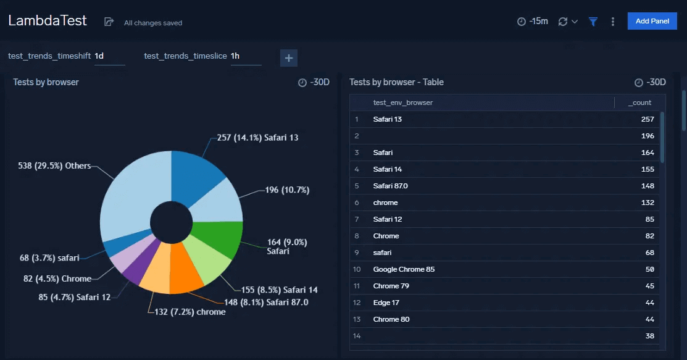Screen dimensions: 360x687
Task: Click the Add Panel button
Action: (x=652, y=21)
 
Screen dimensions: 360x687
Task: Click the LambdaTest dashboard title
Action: (x=48, y=20)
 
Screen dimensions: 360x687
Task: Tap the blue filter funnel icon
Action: (x=593, y=22)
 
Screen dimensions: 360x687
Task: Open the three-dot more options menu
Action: (x=612, y=22)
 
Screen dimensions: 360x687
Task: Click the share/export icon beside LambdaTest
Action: (x=109, y=22)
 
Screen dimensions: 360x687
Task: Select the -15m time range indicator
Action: (x=532, y=22)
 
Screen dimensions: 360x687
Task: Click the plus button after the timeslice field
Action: (x=288, y=58)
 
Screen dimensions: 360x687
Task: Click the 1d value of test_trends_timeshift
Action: (x=100, y=56)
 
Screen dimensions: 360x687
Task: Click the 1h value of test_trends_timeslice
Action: (x=236, y=56)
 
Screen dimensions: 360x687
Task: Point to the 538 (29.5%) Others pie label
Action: (x=55, y=166)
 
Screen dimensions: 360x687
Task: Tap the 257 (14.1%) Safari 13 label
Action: (x=257, y=138)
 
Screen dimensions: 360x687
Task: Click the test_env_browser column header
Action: (x=402, y=103)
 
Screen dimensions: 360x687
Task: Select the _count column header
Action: (x=639, y=103)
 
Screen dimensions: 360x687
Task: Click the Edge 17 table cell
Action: (x=386, y=303)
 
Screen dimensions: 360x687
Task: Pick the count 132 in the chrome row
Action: (x=647, y=203)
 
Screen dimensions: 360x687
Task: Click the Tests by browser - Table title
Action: (x=396, y=82)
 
